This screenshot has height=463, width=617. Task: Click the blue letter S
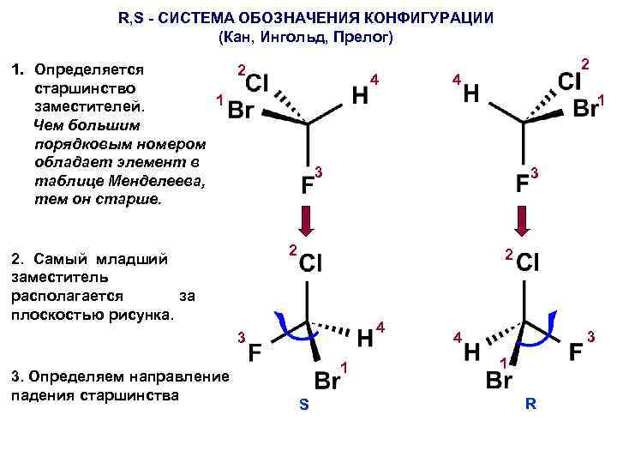304,405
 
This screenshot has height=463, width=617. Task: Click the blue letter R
530,404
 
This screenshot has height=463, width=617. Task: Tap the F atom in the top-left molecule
307,185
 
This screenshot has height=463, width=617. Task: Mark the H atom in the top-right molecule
471,94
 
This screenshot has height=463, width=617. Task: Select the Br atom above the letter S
326,380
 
